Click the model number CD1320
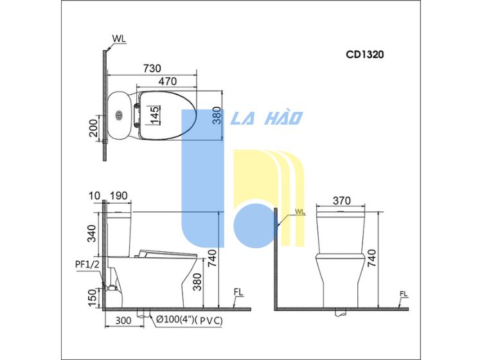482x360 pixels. pos(365,55)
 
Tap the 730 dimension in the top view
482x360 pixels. pos(152,68)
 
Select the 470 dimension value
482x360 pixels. pos(168,82)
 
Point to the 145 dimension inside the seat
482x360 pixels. pos(156,115)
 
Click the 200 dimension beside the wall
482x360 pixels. pos(93,128)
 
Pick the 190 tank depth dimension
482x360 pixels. pos(119,195)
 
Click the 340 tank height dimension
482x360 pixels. pos(92,233)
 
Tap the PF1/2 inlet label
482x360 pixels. pos(87,264)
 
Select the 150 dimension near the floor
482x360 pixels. pos(92,298)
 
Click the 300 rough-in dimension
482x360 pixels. pos(123,320)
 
